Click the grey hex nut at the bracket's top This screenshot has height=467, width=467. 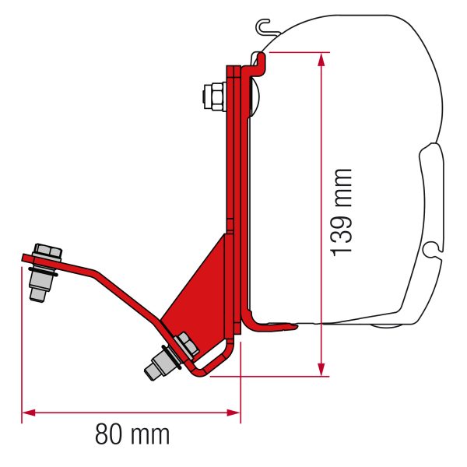tap(210, 97)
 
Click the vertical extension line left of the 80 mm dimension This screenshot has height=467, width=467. tap(22, 342)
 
